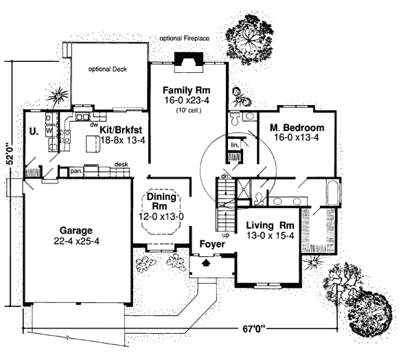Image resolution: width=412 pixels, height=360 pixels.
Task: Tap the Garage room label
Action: click(76, 229)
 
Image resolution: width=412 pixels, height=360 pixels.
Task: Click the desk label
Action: click(122, 164)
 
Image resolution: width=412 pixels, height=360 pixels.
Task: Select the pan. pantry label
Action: click(76, 170)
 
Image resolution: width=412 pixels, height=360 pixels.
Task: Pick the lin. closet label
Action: click(234, 144)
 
